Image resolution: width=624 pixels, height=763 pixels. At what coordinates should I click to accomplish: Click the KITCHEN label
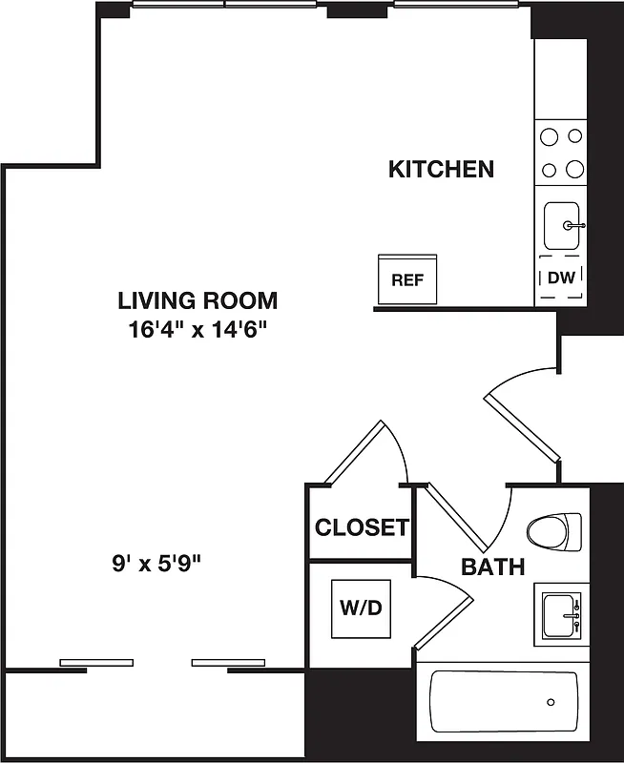click(x=441, y=170)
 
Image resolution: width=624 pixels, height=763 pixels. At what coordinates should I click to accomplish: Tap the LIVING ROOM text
click(x=198, y=301)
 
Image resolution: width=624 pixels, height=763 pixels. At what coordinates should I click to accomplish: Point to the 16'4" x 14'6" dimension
click(x=198, y=331)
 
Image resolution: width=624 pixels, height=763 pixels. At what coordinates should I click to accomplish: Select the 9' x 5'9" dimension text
click(x=155, y=563)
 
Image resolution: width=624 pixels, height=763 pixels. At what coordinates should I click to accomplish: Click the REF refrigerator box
click(x=407, y=280)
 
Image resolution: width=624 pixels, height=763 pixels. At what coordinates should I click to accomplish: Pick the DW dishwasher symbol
click(x=561, y=278)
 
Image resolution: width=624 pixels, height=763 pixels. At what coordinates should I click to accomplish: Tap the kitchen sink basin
click(x=562, y=226)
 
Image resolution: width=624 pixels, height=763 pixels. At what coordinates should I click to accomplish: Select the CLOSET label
click(x=362, y=526)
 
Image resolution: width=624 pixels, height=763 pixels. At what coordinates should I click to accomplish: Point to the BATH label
click(x=493, y=567)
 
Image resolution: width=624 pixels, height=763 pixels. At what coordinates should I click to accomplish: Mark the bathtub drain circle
click(x=551, y=703)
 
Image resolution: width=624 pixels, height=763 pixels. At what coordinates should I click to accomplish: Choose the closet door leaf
click(x=354, y=451)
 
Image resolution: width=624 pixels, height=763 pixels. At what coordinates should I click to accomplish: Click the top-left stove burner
click(x=549, y=136)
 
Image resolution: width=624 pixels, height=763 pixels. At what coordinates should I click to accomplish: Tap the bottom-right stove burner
click(x=574, y=170)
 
